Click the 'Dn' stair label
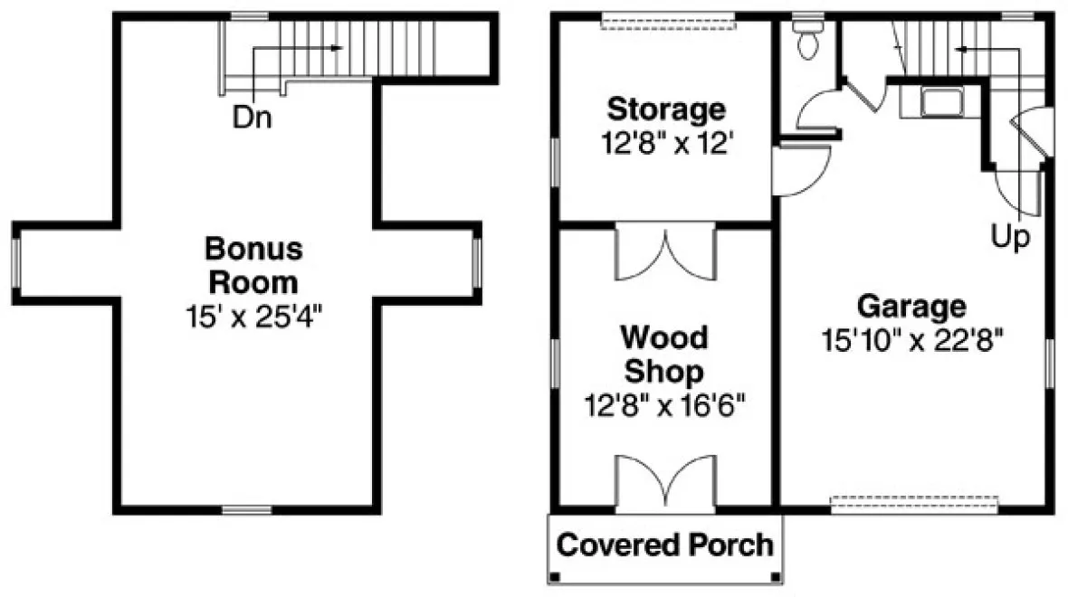[253, 118]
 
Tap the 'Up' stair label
[1011, 238]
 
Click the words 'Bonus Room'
[253, 264]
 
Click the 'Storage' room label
[665, 109]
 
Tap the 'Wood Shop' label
[664, 355]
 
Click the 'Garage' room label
[911, 306]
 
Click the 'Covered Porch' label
[665, 545]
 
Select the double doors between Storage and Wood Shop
[665, 253]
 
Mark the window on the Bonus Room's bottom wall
[247, 510]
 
